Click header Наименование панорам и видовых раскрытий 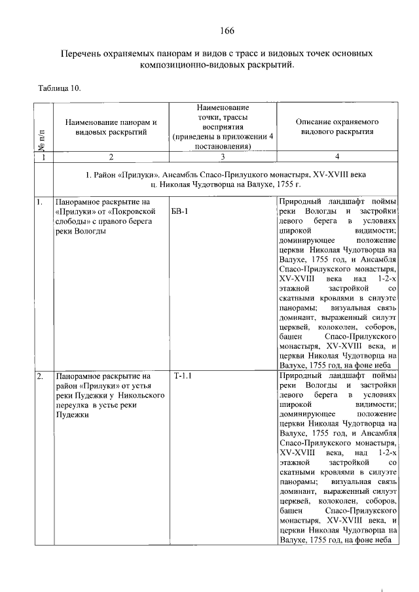111,127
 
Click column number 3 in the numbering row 223,157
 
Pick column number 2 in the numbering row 111,157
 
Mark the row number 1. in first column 40,202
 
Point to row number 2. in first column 40,377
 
